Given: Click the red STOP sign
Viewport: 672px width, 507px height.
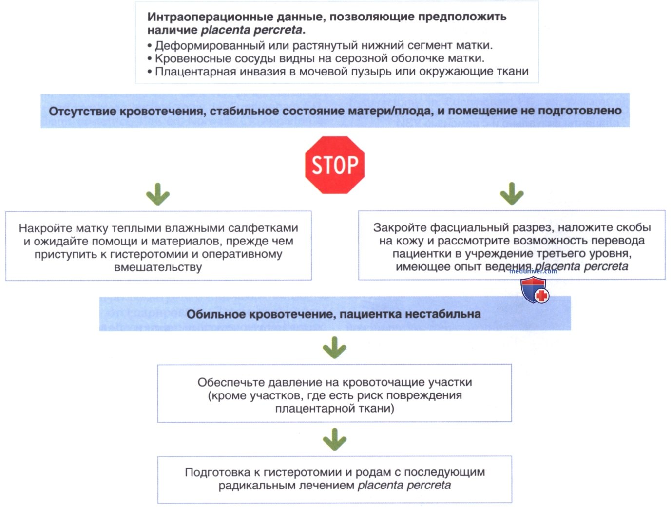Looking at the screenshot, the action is (x=335, y=165).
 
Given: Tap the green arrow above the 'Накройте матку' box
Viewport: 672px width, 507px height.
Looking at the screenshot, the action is (x=158, y=194).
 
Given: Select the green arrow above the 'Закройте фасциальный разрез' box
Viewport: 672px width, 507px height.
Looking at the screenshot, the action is (x=512, y=194).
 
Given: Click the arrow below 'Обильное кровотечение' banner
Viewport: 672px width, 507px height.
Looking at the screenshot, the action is (x=335, y=348).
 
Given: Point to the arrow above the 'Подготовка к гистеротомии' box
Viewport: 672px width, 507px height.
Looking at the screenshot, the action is (x=335, y=439).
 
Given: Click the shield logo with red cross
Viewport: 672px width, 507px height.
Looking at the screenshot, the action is (x=535, y=290).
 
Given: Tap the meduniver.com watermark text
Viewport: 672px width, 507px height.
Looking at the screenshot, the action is (x=533, y=271).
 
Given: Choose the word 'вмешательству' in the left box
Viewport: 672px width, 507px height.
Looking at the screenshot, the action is (x=158, y=267).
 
